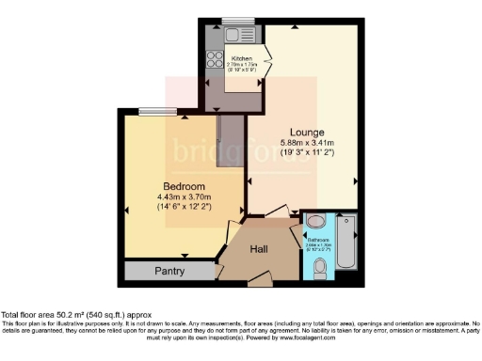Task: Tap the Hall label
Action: click(x=261, y=250)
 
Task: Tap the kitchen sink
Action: click(x=235, y=34)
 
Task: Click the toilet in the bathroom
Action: click(x=319, y=267)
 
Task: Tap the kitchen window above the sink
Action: click(x=236, y=21)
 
